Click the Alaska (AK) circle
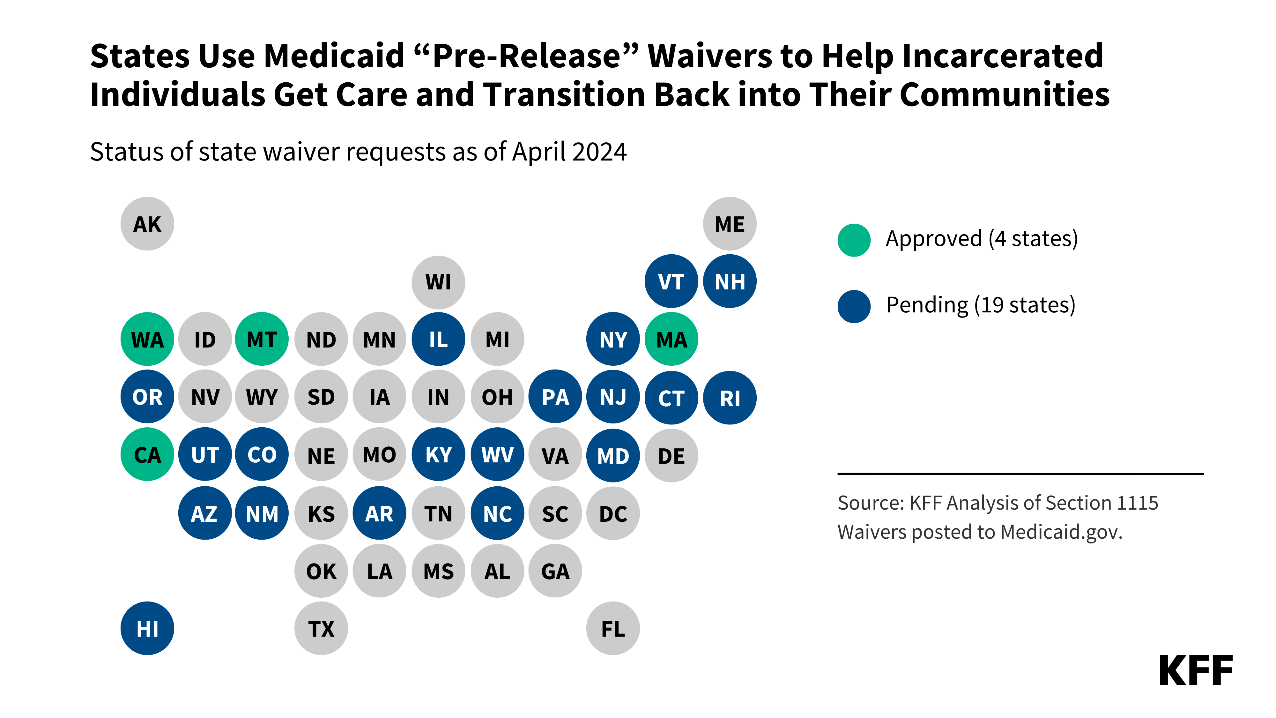[x=147, y=224]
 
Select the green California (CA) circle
[x=147, y=454]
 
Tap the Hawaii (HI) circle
[x=147, y=628]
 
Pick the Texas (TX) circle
[x=321, y=628]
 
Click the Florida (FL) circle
[x=613, y=628]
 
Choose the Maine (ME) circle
[x=729, y=224]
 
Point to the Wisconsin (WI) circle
[x=438, y=282]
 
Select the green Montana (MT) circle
[x=262, y=340]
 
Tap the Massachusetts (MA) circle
[x=671, y=340]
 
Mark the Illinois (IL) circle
[x=438, y=340]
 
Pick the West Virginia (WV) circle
[x=497, y=454]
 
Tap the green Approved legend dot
[x=853, y=240]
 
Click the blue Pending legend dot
[x=853, y=306]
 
